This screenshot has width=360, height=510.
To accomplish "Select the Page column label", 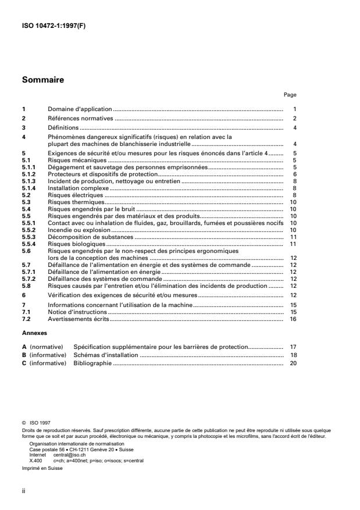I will (290, 95).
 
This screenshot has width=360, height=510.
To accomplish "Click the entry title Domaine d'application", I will (79, 109).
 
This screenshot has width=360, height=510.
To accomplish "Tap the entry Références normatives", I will (81, 118).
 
